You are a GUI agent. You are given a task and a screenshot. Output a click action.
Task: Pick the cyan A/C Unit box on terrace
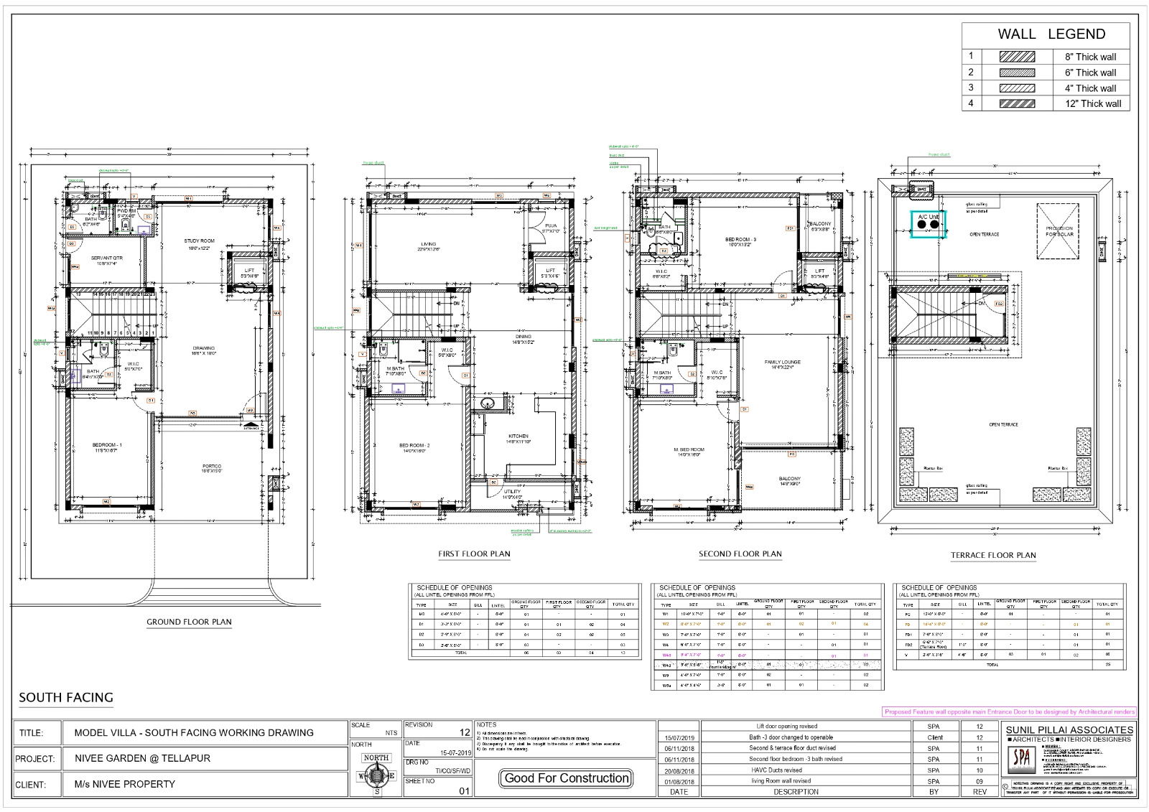tap(928, 225)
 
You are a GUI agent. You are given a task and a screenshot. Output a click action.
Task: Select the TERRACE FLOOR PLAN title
tap(993, 555)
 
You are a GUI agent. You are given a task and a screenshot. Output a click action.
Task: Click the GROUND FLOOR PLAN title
tap(189, 622)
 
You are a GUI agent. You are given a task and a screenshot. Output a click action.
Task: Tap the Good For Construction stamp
tap(567, 778)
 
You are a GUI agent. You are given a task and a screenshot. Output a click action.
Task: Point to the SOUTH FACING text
tap(66, 697)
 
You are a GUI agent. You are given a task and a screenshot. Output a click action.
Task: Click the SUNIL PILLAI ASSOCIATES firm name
tap(1069, 730)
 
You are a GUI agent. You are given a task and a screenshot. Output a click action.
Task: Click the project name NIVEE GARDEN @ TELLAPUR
tap(142, 758)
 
